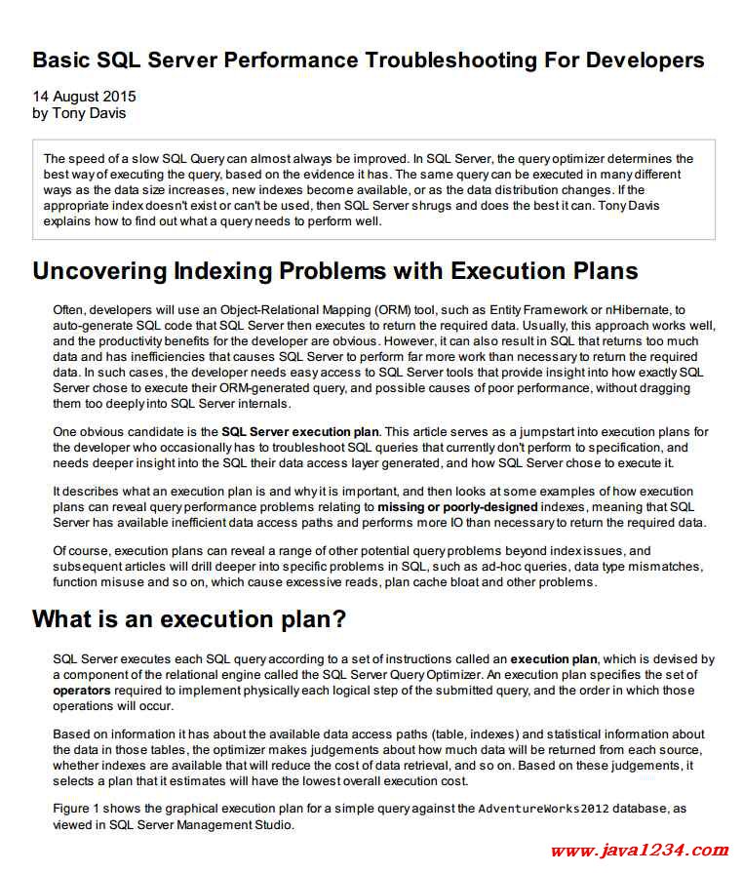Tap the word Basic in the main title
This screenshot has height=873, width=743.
pyautogui.click(x=65, y=60)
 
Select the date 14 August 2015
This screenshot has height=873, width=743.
pyautogui.click(x=84, y=97)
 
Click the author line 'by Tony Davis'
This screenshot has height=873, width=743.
pyautogui.click(x=79, y=113)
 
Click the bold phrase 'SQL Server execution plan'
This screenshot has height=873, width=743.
pyautogui.click(x=299, y=431)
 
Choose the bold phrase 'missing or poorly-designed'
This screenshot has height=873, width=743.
pyautogui.click(x=457, y=507)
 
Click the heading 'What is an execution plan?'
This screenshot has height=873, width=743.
pyautogui.click(x=189, y=619)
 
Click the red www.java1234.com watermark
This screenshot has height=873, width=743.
pyautogui.click(x=639, y=851)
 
